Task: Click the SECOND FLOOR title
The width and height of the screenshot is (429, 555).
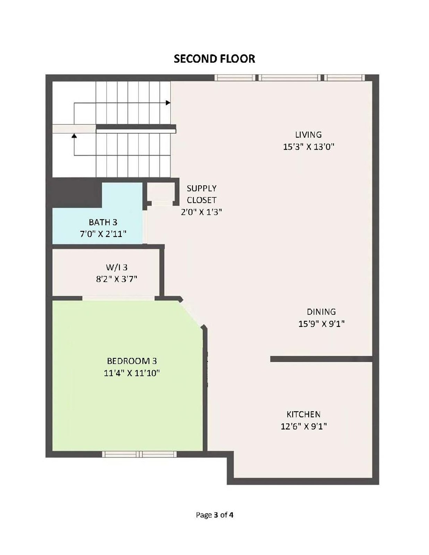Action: tap(214, 59)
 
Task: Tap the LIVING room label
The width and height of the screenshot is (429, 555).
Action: tap(308, 135)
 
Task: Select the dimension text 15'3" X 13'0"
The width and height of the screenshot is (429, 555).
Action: tap(308, 147)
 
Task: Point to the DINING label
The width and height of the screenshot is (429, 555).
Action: tap(321, 311)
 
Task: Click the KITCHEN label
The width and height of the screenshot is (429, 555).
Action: tap(303, 414)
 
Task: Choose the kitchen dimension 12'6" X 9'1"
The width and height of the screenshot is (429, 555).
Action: tap(303, 426)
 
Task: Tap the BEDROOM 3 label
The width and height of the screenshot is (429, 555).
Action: tap(132, 361)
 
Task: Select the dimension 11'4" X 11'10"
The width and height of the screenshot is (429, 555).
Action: tap(132, 373)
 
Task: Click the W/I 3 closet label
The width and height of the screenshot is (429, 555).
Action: tap(117, 267)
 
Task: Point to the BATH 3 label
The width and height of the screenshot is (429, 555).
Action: tap(103, 222)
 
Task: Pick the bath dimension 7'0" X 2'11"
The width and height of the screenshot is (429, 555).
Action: tap(103, 234)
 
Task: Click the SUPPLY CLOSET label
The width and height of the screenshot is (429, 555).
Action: tap(201, 194)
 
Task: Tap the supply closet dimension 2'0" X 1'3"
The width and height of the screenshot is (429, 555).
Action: tap(201, 212)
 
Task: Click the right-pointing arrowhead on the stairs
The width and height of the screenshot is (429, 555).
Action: tap(168, 103)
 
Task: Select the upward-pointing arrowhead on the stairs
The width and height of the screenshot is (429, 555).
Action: tap(74, 136)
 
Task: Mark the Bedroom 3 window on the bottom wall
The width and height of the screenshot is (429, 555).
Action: tap(139, 454)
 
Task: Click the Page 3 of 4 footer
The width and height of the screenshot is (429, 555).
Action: tap(214, 515)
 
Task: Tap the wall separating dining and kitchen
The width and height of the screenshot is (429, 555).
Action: tap(321, 359)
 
